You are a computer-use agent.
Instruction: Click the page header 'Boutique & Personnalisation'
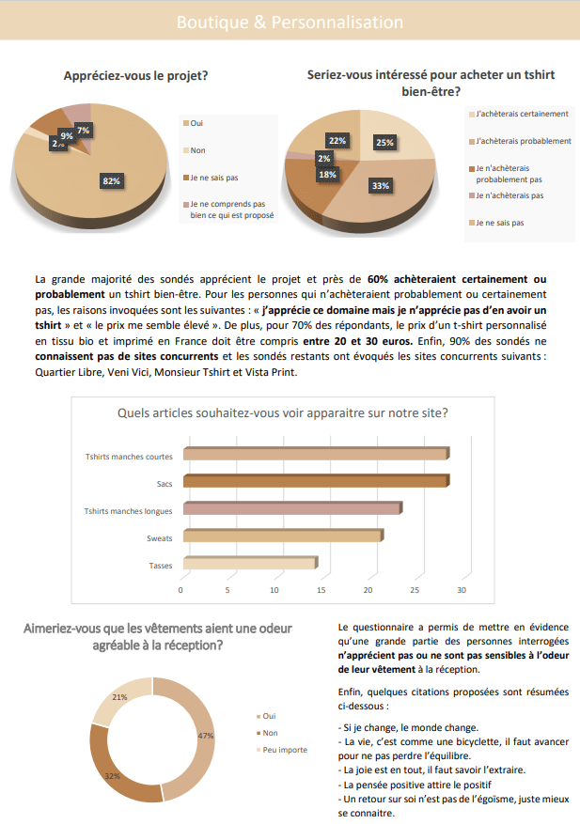290,22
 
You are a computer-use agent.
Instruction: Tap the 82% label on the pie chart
112,180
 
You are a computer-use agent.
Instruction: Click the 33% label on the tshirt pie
380,186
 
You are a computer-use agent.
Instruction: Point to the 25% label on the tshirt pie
384,143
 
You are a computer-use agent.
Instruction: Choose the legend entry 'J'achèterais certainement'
522,114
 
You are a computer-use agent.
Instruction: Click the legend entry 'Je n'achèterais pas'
509,195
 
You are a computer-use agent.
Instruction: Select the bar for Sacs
315,482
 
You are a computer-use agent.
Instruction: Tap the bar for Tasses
250,564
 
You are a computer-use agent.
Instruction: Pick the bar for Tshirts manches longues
292,509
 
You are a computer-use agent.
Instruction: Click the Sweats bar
283,536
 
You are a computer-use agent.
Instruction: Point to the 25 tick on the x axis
415,591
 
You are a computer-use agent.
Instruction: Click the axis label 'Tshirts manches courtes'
129,457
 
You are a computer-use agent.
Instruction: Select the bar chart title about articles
282,412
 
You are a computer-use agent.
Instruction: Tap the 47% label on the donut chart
206,736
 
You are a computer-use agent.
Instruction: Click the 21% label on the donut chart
119,697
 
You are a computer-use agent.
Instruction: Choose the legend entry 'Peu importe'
285,750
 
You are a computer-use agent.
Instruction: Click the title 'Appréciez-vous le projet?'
135,76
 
